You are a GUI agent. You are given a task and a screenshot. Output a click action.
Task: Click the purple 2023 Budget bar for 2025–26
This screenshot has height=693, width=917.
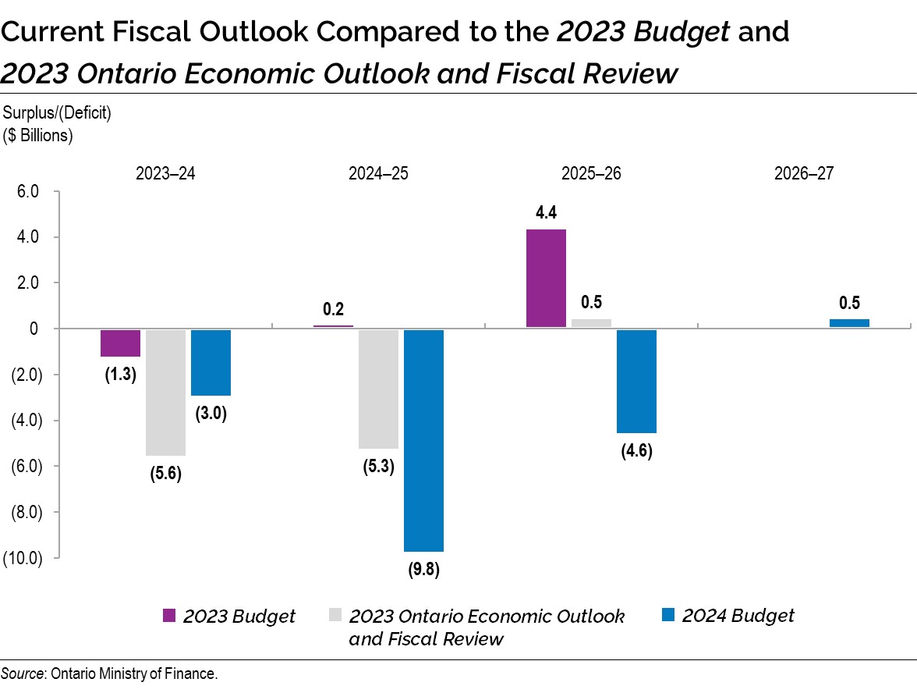(546, 279)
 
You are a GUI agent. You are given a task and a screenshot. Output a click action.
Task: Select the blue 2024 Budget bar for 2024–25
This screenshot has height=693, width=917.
(423, 440)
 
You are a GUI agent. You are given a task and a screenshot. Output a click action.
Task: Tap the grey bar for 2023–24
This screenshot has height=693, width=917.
(166, 392)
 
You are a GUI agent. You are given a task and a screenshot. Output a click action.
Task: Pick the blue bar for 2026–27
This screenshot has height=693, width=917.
(849, 323)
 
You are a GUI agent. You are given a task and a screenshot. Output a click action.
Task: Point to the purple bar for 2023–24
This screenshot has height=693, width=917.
(120, 343)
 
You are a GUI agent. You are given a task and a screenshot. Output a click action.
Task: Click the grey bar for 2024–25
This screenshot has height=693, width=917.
(378, 389)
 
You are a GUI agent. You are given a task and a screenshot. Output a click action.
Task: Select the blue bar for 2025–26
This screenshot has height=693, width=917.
(636, 381)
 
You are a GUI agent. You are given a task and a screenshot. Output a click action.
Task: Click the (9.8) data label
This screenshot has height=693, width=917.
(424, 569)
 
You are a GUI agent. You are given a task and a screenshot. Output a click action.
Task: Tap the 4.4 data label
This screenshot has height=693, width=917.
(546, 212)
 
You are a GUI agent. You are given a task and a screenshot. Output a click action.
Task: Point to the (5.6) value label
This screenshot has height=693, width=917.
(165, 473)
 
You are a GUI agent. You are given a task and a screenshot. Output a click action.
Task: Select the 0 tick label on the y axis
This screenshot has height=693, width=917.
(34, 329)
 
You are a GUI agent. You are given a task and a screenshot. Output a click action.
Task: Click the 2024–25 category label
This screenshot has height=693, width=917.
(378, 173)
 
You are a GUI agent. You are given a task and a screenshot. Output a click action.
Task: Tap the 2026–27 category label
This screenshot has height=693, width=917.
(804, 173)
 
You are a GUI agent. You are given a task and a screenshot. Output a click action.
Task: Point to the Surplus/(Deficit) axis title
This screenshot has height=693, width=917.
(58, 113)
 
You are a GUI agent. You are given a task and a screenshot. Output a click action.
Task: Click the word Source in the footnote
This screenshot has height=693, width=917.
(23, 673)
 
